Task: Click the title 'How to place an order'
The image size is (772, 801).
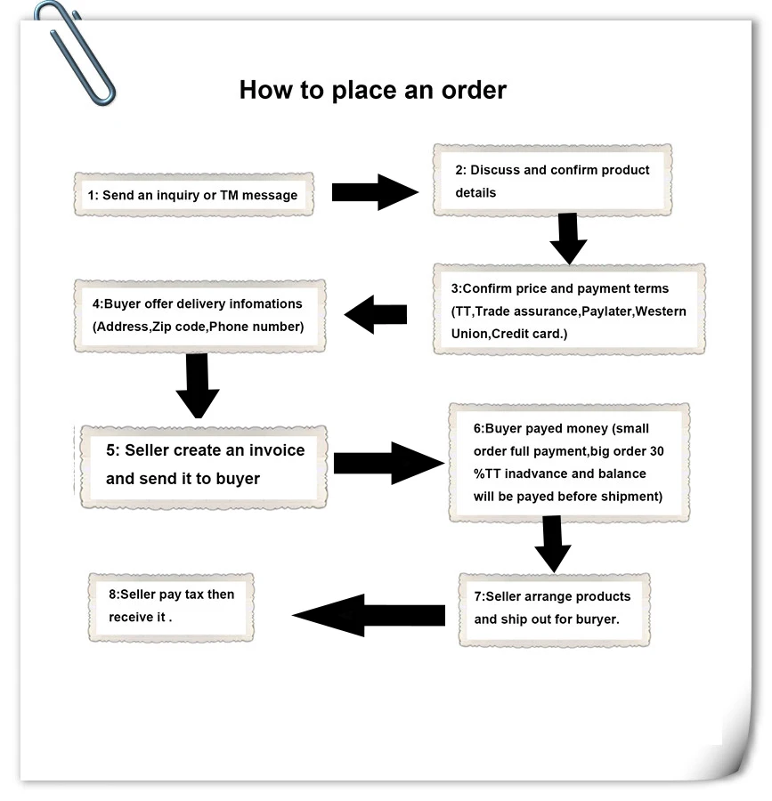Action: coord(372,90)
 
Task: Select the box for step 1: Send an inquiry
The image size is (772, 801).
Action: coord(192,194)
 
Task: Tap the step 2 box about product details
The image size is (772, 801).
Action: coord(552,181)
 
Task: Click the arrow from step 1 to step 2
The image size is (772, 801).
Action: coord(375,192)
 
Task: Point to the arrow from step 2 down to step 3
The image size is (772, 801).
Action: coord(568,238)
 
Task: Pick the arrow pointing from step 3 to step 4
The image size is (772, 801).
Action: coord(376,314)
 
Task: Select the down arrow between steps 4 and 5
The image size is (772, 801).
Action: coord(198,385)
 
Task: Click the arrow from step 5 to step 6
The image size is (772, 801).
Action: coord(389,463)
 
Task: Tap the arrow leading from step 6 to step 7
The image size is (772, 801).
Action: coord(553,545)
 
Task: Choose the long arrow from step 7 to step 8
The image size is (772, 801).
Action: coord(369,615)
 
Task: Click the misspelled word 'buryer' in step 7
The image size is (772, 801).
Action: coord(597,619)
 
